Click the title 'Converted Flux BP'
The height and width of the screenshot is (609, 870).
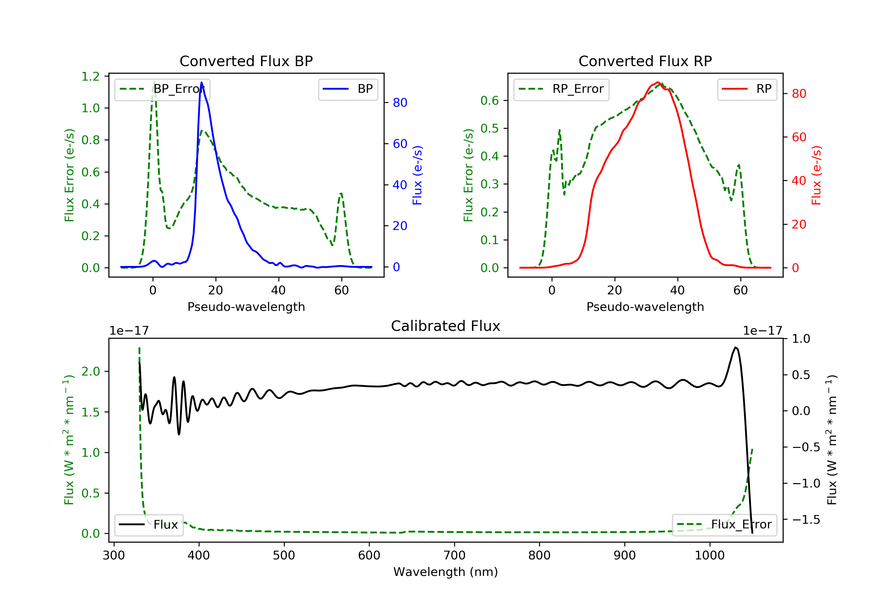click(x=246, y=61)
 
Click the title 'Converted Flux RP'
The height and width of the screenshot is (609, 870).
click(x=645, y=61)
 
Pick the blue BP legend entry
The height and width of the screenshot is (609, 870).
click(x=348, y=89)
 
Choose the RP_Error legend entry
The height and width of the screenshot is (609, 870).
click(x=561, y=89)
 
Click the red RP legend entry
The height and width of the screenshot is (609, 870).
click(x=747, y=89)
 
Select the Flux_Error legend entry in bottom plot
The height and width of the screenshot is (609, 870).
click(x=724, y=525)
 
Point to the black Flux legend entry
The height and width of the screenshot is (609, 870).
click(x=148, y=525)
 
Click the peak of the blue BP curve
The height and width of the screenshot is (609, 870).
click(x=202, y=82)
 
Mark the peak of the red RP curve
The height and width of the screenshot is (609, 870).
click(x=658, y=83)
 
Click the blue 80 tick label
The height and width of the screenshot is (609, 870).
click(x=400, y=103)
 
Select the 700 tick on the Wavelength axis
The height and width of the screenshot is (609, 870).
click(x=454, y=556)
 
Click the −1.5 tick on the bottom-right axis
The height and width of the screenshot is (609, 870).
click(x=806, y=520)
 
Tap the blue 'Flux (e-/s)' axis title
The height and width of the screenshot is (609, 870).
click(x=417, y=175)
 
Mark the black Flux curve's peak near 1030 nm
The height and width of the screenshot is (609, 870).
click(x=735, y=347)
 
